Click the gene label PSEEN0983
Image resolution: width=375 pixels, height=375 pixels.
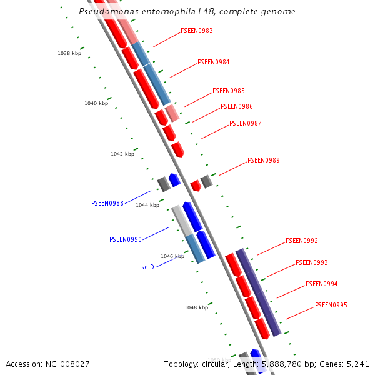click(197, 31)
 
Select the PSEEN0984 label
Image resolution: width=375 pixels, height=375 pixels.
click(213, 62)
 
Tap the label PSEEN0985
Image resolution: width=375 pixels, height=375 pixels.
click(229, 91)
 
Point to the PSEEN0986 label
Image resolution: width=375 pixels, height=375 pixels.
click(237, 106)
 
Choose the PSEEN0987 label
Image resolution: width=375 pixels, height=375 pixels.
click(246, 123)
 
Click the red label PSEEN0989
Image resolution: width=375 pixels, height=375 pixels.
click(264, 160)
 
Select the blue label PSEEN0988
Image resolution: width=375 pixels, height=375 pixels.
click(107, 203)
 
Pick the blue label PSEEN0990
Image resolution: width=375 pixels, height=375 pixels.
click(126, 239)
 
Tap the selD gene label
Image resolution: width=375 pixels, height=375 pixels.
click(147, 267)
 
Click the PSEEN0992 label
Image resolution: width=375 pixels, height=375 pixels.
click(302, 241)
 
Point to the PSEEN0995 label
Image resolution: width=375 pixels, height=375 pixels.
click(331, 305)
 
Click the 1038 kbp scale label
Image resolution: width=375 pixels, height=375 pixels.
click(69, 53)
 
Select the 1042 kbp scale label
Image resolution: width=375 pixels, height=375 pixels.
click(122, 154)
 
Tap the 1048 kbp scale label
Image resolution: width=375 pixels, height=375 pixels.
click(196, 307)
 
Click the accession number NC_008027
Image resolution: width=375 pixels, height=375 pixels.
click(67, 364)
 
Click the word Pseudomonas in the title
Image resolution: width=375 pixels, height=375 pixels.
click(109, 11)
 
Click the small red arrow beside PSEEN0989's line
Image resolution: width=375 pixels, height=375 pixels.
click(196, 186)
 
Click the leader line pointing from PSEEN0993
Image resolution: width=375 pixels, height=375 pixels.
click(281, 271)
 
